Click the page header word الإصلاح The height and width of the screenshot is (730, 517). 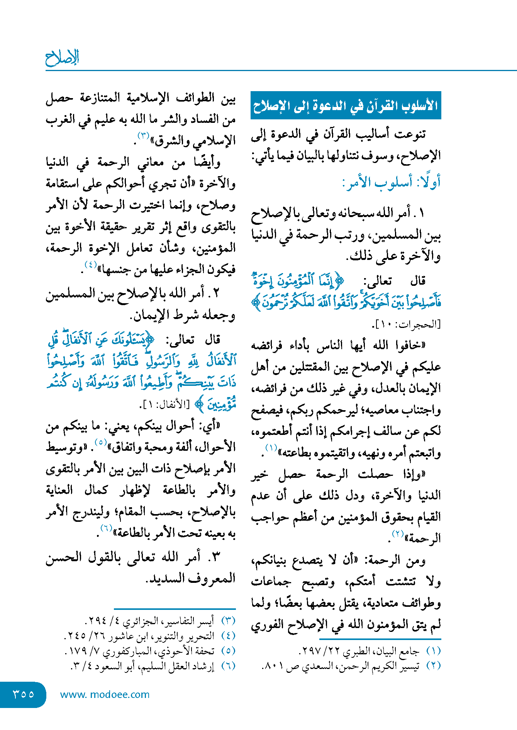coord(62,58)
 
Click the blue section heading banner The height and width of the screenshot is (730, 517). coord(346,105)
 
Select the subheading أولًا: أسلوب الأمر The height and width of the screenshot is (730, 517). coord(391,182)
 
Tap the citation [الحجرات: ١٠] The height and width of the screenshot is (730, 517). coord(407,324)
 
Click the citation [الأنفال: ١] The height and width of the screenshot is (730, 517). coord(164,405)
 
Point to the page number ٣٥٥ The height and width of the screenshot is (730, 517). coord(23,694)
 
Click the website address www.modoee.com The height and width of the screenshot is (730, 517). coord(105,694)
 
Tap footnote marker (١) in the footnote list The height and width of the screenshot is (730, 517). coord(433,651)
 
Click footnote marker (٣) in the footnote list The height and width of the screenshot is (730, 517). coord(228,621)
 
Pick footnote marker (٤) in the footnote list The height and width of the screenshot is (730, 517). coord(228,636)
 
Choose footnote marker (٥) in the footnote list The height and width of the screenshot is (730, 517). coord(228,651)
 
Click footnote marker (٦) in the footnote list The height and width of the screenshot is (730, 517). coord(228,666)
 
